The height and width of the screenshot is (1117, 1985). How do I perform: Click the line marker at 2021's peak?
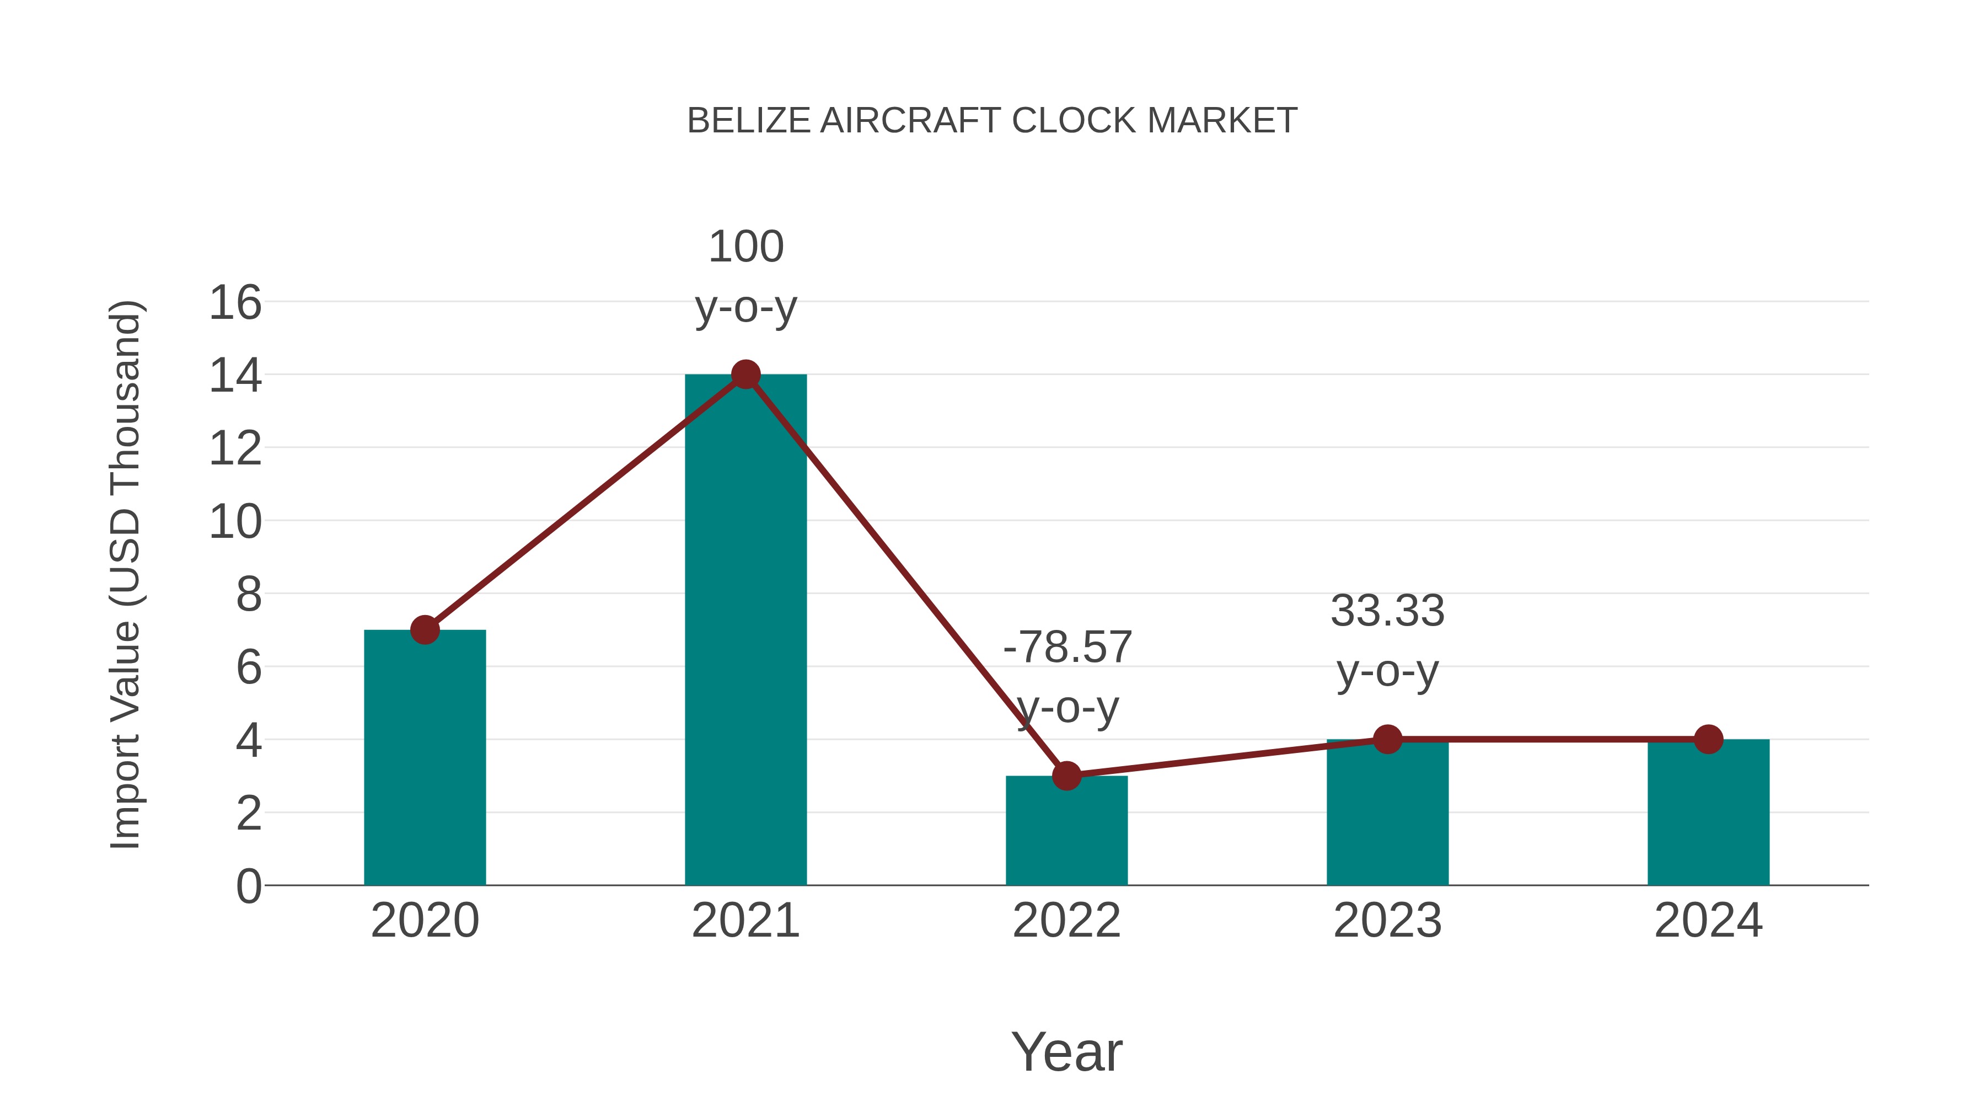pos(745,375)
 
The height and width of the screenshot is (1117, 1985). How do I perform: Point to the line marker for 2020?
pos(425,630)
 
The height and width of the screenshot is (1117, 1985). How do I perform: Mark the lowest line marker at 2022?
pos(1066,776)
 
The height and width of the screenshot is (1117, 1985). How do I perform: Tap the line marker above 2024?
pos(1708,739)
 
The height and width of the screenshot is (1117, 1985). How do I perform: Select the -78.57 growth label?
pos(1067,676)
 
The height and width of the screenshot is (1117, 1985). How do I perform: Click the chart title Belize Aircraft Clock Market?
pos(992,121)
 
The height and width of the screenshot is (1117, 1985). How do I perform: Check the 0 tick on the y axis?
pos(248,886)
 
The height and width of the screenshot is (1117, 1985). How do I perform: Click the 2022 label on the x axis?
pos(1066,921)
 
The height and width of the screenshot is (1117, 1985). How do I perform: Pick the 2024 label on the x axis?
pos(1708,921)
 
